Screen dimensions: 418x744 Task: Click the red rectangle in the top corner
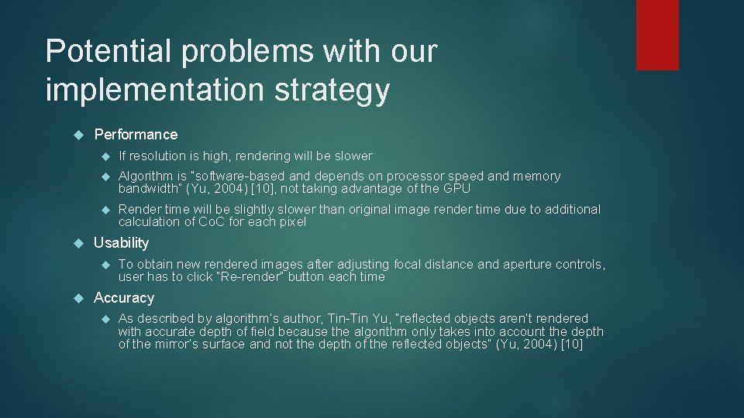(x=657, y=35)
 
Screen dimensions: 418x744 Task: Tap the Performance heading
(x=136, y=134)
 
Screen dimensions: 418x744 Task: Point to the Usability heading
(x=121, y=243)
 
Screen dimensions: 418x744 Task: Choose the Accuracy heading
(x=124, y=298)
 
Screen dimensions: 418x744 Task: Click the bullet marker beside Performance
(x=77, y=135)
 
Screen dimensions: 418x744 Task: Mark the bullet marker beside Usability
(x=77, y=244)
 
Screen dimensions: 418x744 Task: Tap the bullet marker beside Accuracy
(x=77, y=299)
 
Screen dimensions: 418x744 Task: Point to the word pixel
(x=291, y=222)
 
